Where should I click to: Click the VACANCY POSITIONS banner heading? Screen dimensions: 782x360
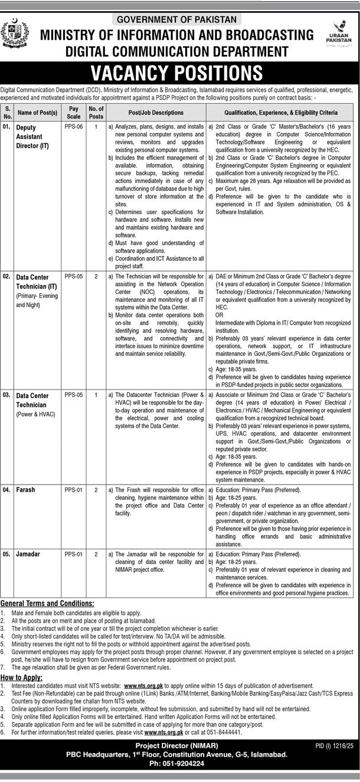click(x=179, y=73)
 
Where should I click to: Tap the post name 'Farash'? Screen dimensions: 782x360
click(x=26, y=489)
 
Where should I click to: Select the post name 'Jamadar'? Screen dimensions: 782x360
click(x=29, y=555)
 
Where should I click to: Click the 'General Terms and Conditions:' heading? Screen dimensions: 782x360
click(x=47, y=604)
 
